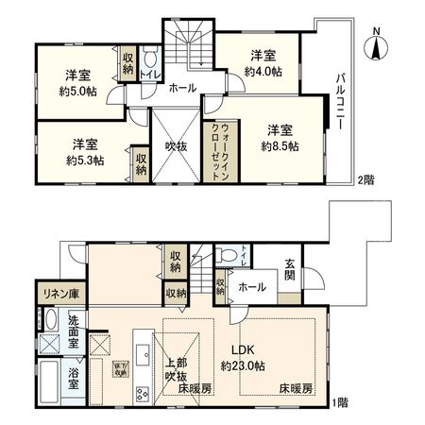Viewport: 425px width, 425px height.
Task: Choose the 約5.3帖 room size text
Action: [x=84, y=161]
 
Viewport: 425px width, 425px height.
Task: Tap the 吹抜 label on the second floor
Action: [x=177, y=146]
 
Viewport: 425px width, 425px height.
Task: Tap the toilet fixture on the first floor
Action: [x=227, y=255]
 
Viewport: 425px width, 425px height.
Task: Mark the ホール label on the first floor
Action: [x=251, y=286]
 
